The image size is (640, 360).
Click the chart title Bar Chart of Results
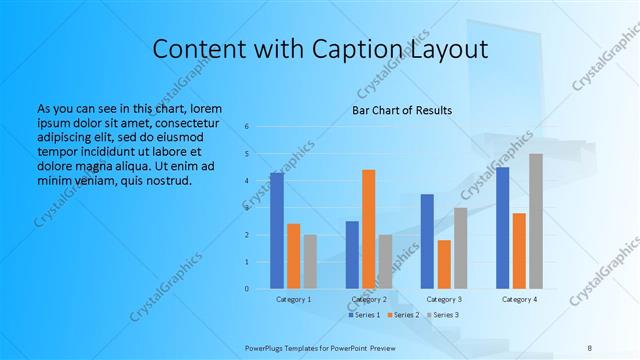(401, 110)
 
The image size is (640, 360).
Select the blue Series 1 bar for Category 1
(276, 231)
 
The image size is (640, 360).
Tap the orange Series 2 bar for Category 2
(368, 229)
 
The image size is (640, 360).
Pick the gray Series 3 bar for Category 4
(536, 221)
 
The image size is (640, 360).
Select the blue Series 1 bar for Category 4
(503, 228)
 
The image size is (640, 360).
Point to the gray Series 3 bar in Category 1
(310, 262)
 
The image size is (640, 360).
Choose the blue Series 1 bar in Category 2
(352, 255)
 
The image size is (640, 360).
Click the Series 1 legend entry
(364, 315)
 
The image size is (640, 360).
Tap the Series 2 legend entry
(402, 315)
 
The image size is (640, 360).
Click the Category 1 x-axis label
(293, 300)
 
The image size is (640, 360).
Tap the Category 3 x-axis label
(444, 300)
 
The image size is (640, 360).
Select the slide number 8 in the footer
(590, 347)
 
